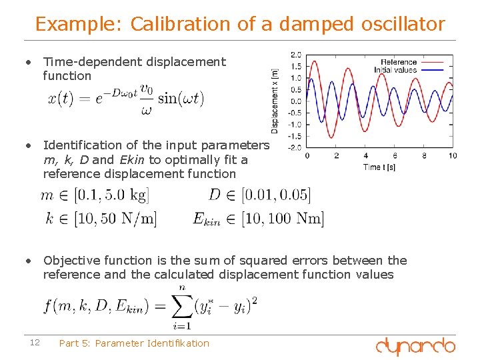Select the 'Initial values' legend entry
point(395,69)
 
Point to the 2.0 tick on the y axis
point(295,54)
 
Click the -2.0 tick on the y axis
point(294,147)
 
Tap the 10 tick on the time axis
point(453,156)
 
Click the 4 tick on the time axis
point(365,156)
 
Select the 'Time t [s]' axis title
point(379,167)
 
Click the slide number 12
point(35,343)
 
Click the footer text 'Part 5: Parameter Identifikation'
point(134,343)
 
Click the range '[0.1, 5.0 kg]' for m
point(111,195)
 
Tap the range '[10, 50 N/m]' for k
point(115,218)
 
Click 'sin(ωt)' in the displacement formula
point(181,98)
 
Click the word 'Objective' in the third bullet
point(70,261)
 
